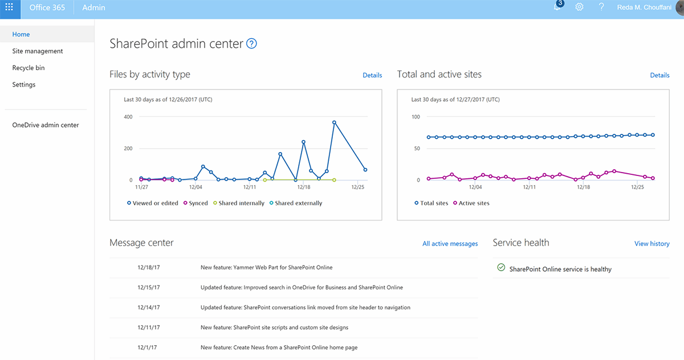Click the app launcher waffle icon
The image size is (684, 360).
(9, 7)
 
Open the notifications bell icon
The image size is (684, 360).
(557, 7)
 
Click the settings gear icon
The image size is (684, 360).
(579, 7)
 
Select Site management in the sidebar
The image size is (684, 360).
(38, 51)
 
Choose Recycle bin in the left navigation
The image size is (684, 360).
(28, 68)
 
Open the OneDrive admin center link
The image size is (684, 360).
(46, 125)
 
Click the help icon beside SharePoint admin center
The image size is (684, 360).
(251, 43)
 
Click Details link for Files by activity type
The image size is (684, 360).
(372, 75)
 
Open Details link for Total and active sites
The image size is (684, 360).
(659, 75)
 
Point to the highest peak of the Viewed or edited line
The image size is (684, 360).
(335, 122)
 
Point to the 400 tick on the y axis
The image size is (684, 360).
(128, 117)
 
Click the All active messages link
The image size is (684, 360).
(450, 244)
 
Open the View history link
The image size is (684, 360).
(652, 244)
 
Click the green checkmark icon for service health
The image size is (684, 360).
(501, 268)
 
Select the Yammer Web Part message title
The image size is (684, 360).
(266, 267)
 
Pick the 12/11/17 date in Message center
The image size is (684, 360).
(149, 328)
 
